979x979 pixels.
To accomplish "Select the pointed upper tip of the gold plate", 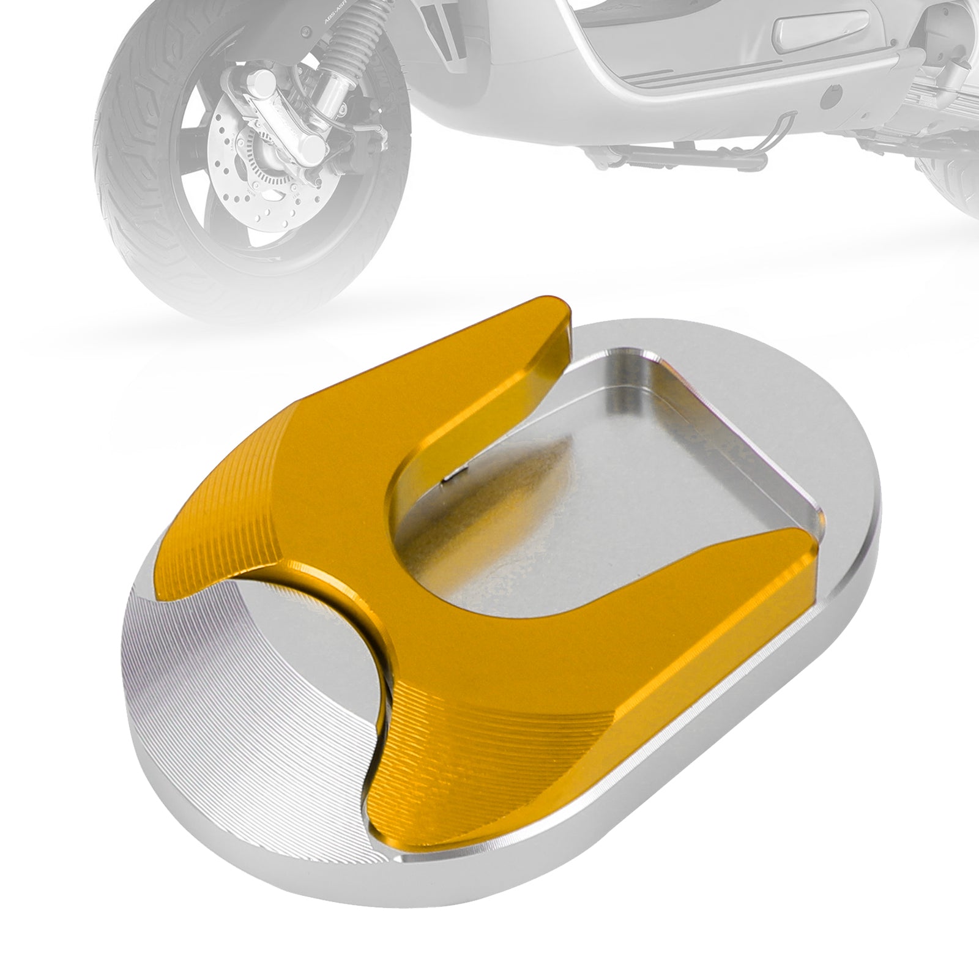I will (551, 306).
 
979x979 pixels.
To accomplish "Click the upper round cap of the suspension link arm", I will (261, 81).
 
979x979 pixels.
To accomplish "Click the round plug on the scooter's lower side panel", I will (830, 96).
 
